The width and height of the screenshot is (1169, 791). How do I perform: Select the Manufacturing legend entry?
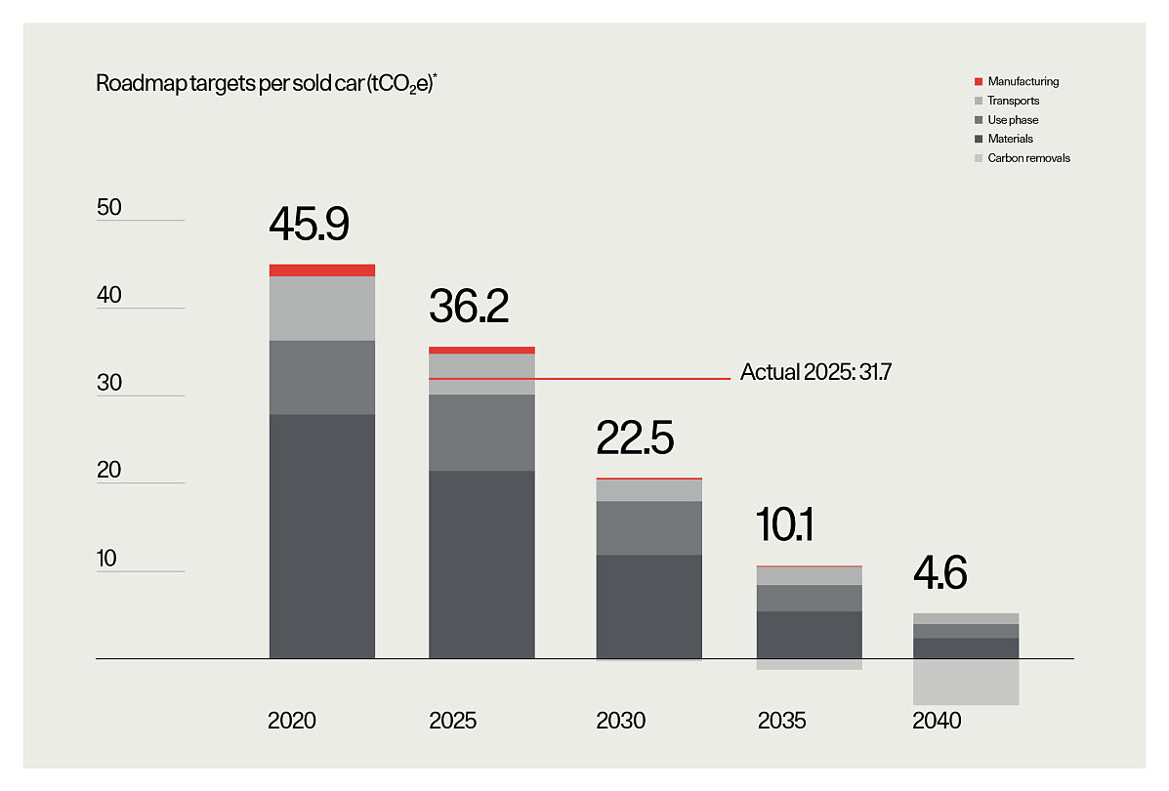coord(1023,82)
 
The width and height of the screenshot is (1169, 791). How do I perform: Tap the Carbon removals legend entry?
coord(1028,158)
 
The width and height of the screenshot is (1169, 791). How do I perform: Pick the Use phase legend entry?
coord(1012,120)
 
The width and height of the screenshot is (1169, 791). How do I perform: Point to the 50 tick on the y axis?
coord(109,207)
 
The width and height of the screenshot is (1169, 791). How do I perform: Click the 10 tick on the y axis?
coord(108,559)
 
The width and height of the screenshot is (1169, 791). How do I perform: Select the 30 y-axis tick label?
coord(109,383)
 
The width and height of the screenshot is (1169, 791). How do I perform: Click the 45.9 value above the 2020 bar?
coord(309,224)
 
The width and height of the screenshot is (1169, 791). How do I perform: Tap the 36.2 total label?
coord(469,307)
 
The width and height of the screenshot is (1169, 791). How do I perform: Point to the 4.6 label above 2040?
coord(939,573)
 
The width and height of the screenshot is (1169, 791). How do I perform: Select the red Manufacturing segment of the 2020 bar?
coord(322,271)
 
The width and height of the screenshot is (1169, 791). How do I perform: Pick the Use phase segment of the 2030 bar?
coord(649,528)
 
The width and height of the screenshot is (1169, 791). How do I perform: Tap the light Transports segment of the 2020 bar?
coord(322,309)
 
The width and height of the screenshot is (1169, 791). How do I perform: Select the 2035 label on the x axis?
coord(782,722)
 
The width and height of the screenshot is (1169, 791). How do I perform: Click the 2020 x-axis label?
coord(292,722)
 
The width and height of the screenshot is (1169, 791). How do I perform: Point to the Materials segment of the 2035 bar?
coord(810,635)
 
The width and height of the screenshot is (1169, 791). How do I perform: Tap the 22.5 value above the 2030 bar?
coord(635,438)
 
